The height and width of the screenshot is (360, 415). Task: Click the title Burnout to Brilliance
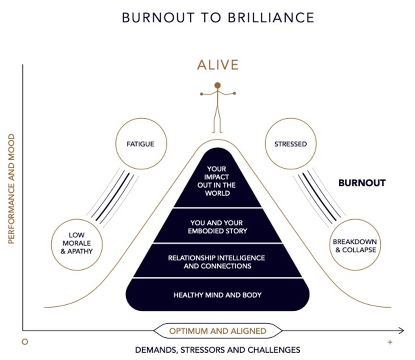click(x=218, y=18)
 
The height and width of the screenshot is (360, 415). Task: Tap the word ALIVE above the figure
click(x=218, y=65)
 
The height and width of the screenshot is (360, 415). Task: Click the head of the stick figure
click(x=218, y=85)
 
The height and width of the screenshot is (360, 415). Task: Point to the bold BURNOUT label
click(x=362, y=183)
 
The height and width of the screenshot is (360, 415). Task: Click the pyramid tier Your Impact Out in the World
click(x=218, y=181)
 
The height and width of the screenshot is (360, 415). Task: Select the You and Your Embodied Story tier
click(x=218, y=227)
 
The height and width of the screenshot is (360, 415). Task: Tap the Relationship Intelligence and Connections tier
click(x=218, y=262)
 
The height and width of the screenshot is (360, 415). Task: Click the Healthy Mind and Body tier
click(x=218, y=295)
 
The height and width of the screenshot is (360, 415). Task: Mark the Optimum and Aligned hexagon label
click(x=218, y=331)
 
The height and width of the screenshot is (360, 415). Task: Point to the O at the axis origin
click(x=25, y=342)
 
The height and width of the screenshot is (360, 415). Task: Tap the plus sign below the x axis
click(x=390, y=342)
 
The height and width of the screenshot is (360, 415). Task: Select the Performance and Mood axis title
click(x=12, y=189)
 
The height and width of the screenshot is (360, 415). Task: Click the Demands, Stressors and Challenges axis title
click(x=218, y=350)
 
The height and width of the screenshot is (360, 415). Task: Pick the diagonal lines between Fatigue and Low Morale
click(x=113, y=197)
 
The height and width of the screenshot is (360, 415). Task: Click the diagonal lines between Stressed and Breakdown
click(x=319, y=197)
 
